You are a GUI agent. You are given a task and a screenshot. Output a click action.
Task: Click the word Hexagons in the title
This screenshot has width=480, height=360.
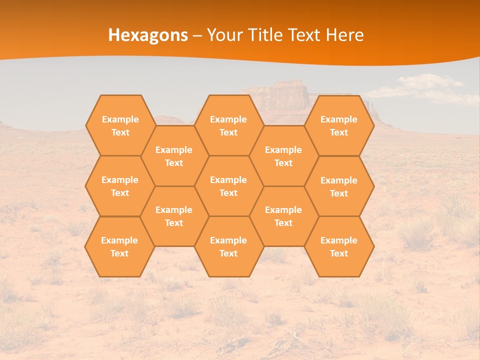point(148,35)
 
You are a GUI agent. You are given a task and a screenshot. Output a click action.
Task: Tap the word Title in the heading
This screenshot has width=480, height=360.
point(268,35)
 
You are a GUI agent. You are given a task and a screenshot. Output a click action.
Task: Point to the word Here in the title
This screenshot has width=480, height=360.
point(345,35)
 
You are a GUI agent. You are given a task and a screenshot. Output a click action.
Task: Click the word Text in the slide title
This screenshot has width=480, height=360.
point(305,35)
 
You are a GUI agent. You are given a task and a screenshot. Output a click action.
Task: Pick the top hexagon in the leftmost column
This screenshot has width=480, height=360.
point(120,125)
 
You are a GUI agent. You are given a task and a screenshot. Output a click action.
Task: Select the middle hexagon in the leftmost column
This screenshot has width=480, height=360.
point(120,186)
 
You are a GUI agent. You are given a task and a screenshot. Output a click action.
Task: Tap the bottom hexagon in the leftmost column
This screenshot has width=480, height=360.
point(119,246)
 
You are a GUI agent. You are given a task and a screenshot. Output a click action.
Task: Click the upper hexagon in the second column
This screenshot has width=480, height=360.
point(174,156)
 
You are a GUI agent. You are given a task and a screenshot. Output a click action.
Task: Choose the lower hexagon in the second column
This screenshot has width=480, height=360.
point(174,216)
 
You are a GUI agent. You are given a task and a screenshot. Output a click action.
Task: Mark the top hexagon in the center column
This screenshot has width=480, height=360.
point(228,125)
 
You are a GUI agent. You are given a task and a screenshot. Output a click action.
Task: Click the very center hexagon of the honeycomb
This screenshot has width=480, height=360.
point(228,186)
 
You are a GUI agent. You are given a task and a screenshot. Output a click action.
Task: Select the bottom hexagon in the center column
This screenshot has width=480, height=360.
point(228,246)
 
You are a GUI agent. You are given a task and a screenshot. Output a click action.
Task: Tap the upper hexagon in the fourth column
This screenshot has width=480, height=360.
point(283,156)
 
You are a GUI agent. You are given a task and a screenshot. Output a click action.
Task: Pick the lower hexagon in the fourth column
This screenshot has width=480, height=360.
point(283,216)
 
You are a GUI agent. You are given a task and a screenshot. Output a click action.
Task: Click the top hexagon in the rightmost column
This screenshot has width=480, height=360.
point(339,125)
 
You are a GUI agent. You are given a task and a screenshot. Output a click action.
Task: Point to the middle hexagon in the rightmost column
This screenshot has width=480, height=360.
point(339,186)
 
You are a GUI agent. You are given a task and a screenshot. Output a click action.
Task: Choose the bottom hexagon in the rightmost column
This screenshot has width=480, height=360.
point(339,246)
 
